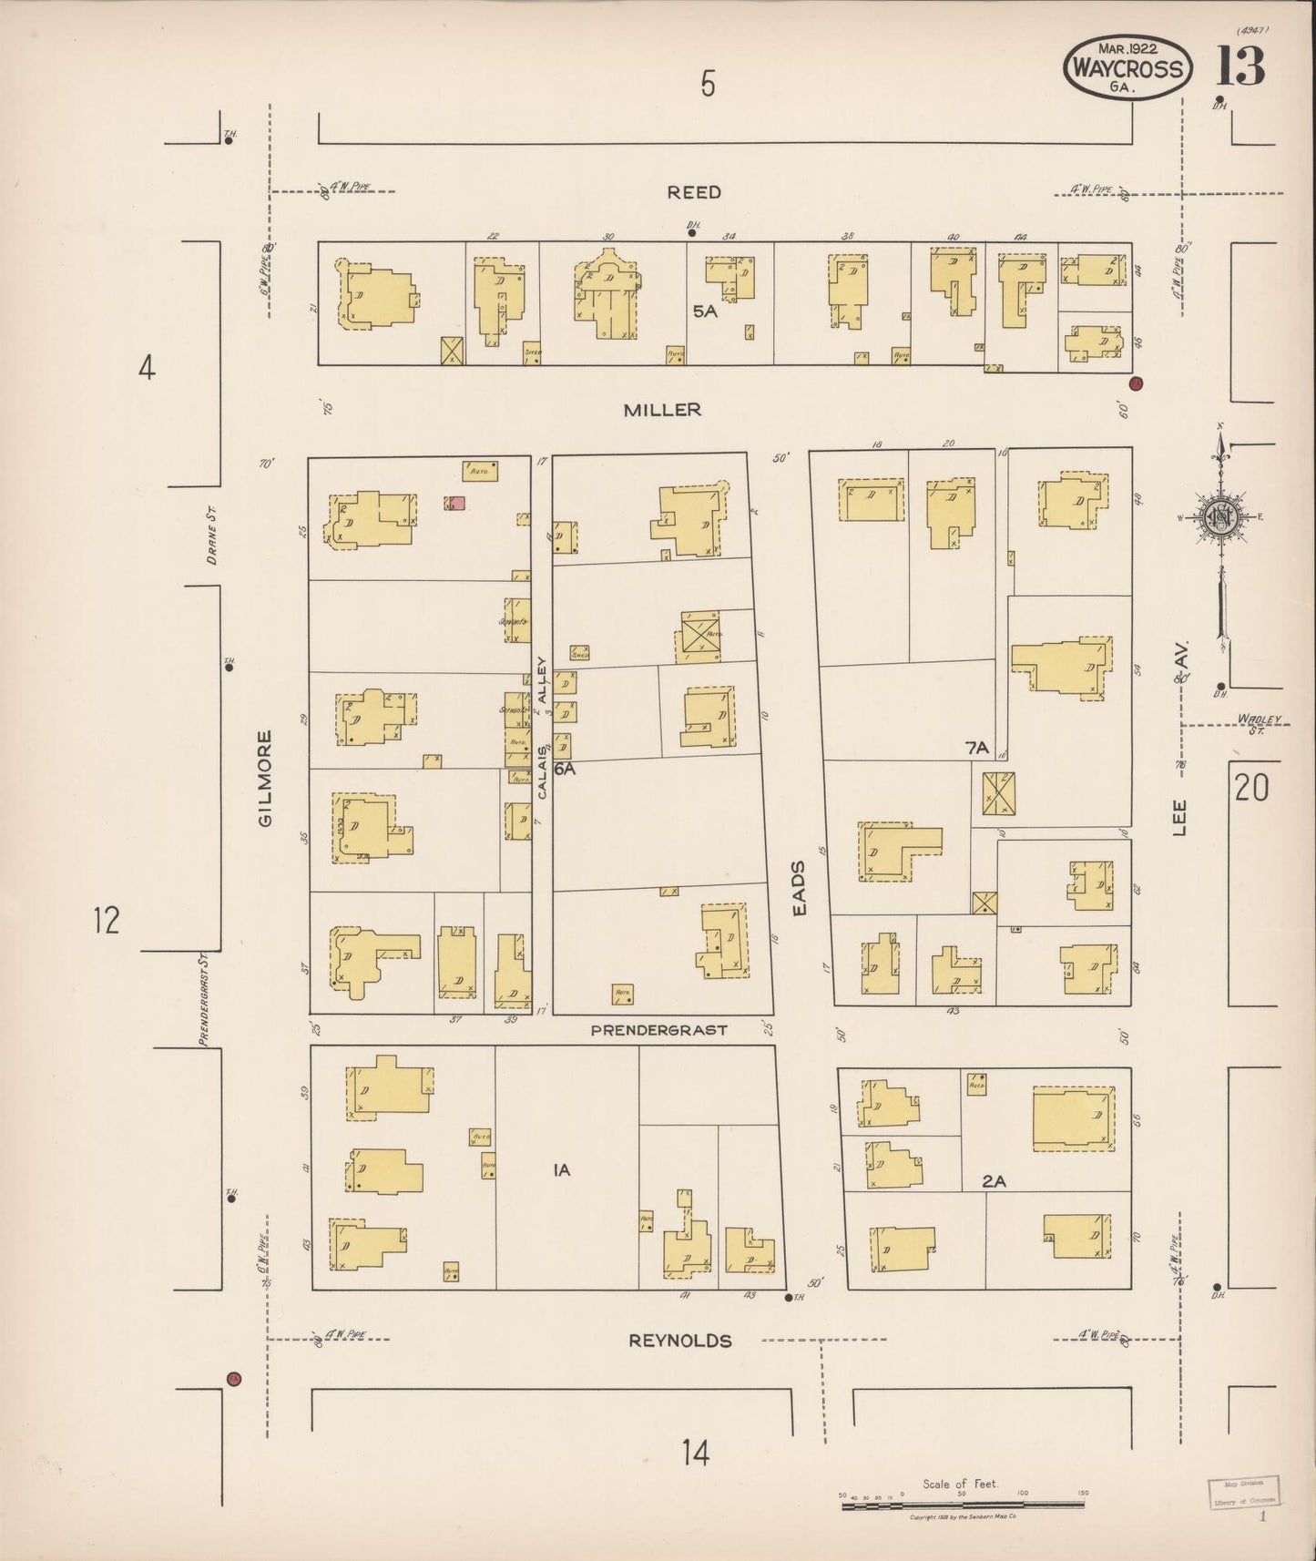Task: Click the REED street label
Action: tap(694, 192)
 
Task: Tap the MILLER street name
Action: tap(662, 410)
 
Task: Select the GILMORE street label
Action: tap(265, 779)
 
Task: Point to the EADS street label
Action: tap(799, 887)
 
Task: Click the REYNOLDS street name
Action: tap(680, 1341)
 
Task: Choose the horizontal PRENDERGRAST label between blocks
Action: tap(658, 1030)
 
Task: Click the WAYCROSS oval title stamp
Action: tap(1127, 68)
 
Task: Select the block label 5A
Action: tap(705, 311)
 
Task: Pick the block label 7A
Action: tap(976, 748)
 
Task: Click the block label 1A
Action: tap(562, 1170)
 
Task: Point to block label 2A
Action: tap(994, 1181)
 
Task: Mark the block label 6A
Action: tap(565, 769)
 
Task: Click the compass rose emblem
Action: tap(1219, 516)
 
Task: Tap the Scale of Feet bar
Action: tap(963, 1505)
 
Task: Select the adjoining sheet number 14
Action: tap(695, 1453)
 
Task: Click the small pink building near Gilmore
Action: tap(457, 503)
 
